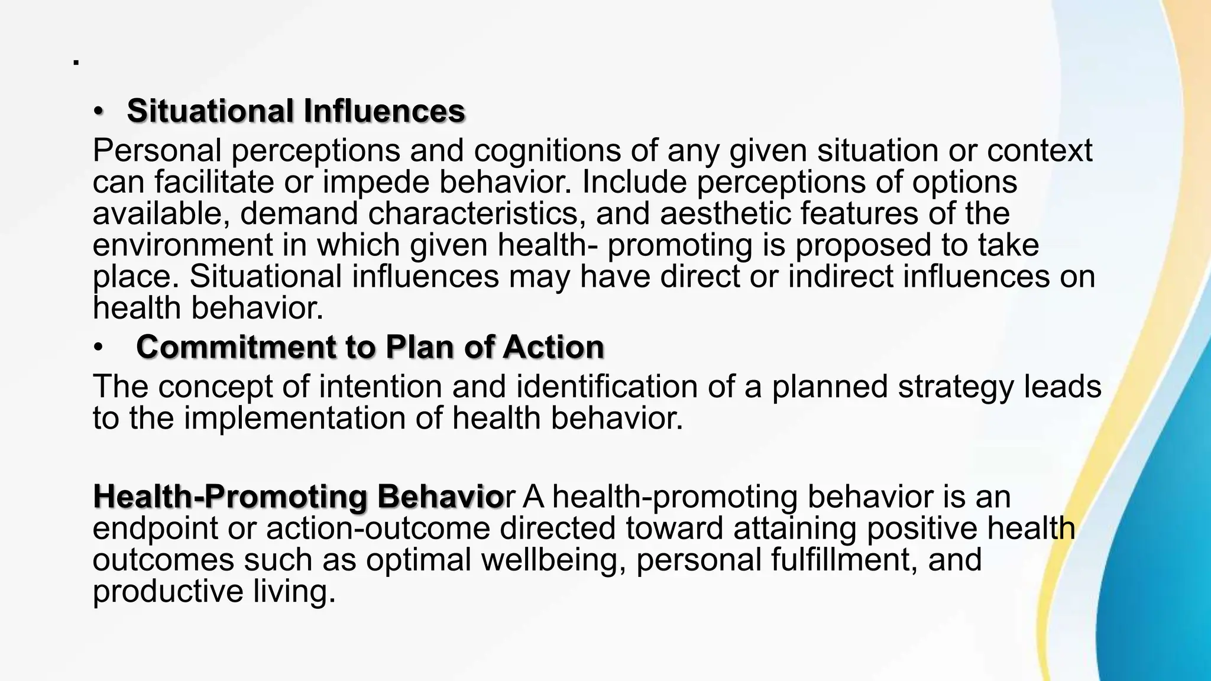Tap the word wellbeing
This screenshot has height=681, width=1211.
pyautogui.click(x=553, y=560)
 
